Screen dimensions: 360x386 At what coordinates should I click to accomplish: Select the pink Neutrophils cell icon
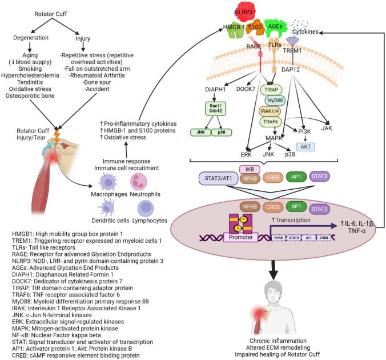coord(141,183)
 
